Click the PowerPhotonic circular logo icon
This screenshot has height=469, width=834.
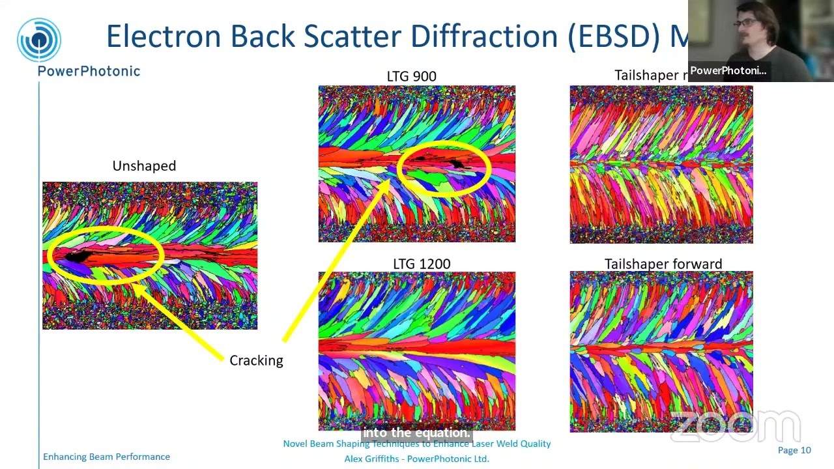point(39,40)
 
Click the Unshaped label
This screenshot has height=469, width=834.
point(144,166)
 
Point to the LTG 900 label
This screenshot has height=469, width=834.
point(411,76)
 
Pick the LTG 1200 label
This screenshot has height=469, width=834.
point(422,264)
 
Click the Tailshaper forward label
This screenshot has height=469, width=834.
point(663,264)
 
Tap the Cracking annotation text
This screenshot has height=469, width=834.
point(256,360)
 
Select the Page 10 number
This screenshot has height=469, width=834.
point(794,450)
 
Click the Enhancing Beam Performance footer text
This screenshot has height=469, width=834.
point(106,457)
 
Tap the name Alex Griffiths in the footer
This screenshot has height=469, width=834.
point(372,459)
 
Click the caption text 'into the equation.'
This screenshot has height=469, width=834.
point(416,433)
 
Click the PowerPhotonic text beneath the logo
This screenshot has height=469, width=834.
point(89,71)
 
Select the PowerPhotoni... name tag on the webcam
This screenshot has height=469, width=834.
point(728,70)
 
